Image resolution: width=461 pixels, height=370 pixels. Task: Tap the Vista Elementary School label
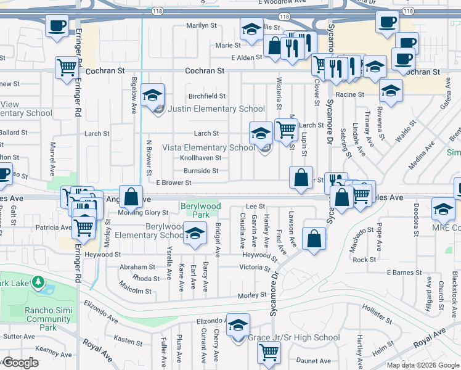(208, 148)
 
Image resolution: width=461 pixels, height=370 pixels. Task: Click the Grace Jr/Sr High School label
(293, 338)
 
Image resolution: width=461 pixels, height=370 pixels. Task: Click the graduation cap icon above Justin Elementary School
(153, 95)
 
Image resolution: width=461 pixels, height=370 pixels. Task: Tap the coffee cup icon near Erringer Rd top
(57, 26)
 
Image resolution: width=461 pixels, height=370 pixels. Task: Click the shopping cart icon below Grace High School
(269, 352)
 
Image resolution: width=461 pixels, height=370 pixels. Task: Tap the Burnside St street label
(201, 171)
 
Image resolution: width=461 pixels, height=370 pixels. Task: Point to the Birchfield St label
(206, 96)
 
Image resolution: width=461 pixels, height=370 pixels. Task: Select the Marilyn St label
(202, 27)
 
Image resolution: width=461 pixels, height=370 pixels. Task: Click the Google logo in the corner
(20, 363)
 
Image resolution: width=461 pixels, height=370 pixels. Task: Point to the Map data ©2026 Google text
(422, 365)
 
